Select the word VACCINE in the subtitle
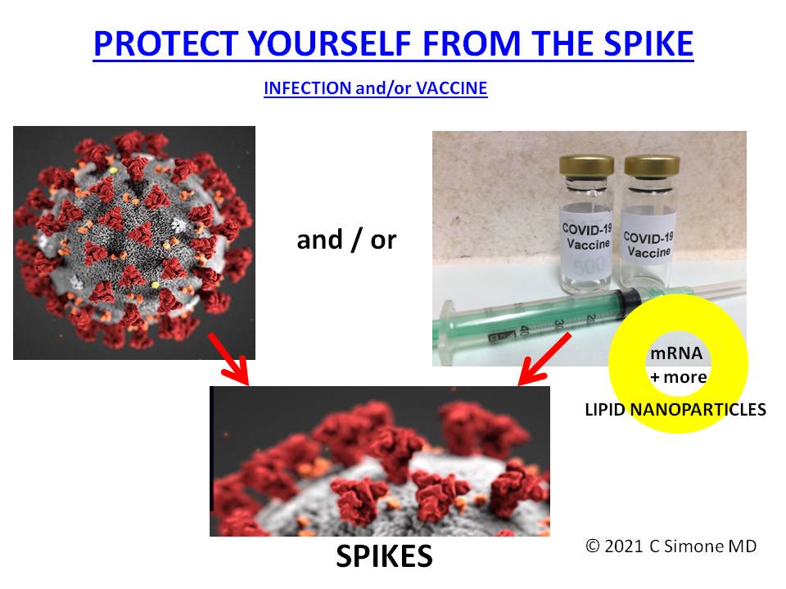452,88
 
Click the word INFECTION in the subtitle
307,88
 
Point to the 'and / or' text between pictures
346,240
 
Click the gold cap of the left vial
586,165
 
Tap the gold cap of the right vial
652,166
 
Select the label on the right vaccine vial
648,241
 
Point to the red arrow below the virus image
228,358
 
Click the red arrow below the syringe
544,359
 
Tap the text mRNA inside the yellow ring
676,353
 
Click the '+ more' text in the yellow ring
678,376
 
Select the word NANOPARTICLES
698,410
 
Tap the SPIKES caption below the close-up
384,556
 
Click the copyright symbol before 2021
593,546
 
